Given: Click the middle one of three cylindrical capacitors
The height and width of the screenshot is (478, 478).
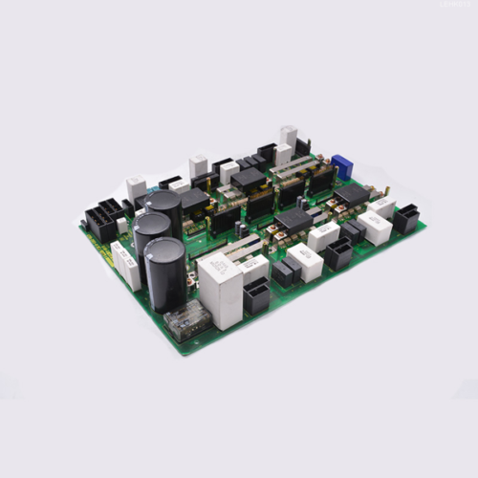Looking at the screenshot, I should click(x=152, y=234).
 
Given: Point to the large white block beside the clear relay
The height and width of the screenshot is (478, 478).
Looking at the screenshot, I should click(x=220, y=290).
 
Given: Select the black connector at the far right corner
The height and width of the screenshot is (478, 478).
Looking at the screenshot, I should click(x=405, y=219).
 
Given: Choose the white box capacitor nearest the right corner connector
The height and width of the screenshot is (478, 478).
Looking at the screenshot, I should click(x=374, y=228).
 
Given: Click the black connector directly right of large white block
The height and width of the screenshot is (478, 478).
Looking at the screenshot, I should click(x=256, y=297).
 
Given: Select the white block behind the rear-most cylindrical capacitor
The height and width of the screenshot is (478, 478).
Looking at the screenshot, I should click(x=136, y=187).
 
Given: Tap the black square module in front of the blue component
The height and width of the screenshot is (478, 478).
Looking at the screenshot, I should click(x=352, y=194).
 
